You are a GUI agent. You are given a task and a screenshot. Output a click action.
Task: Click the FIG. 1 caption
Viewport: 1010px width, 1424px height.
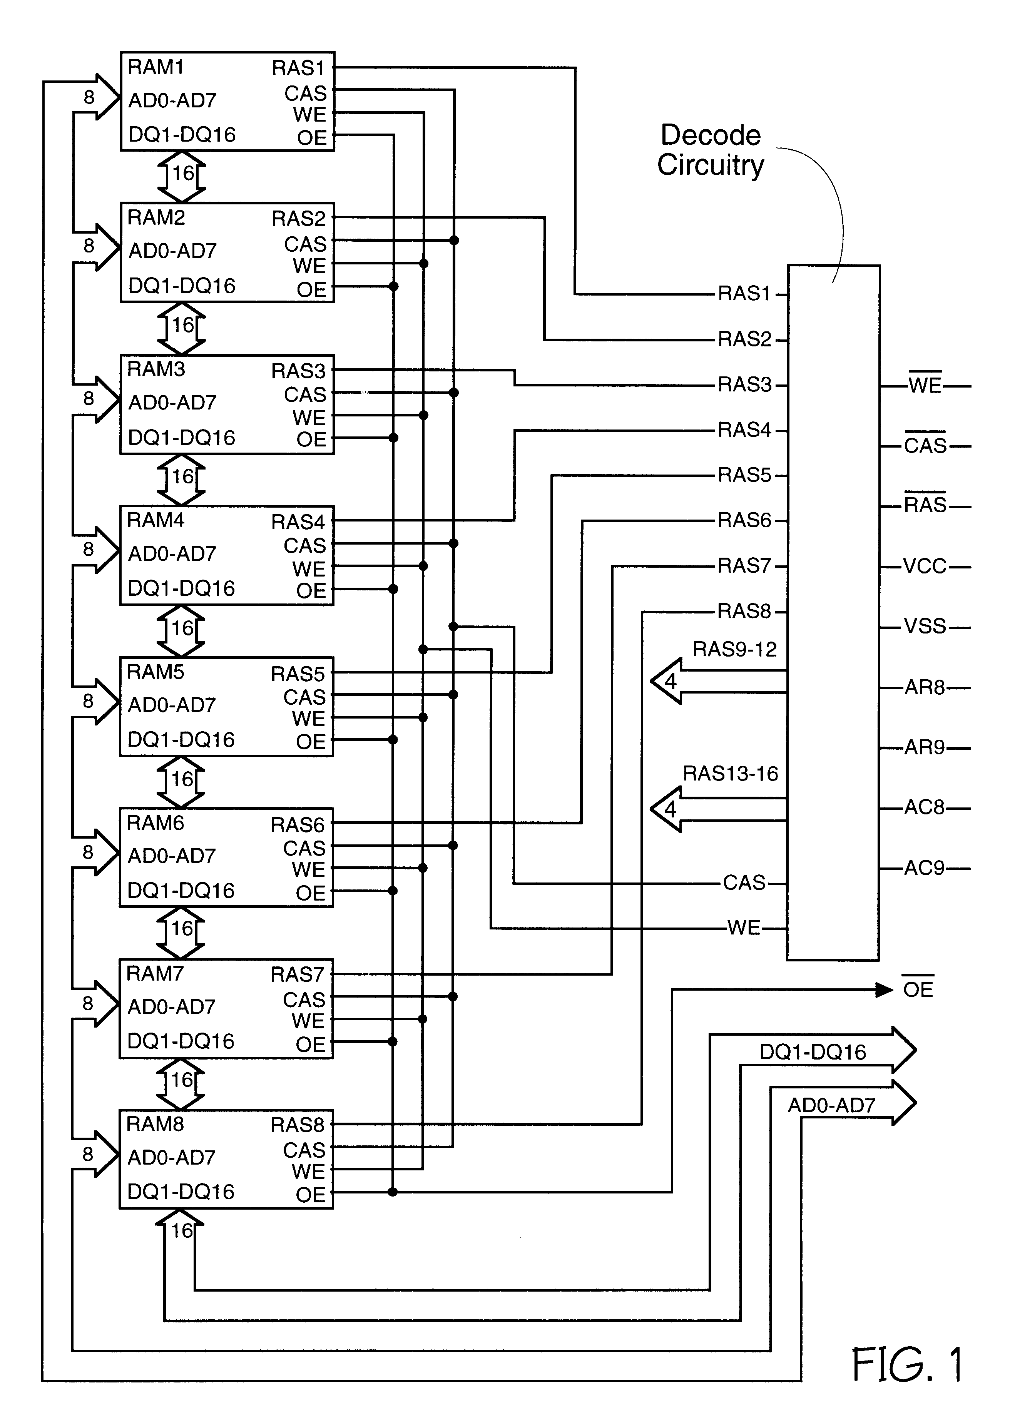907,1365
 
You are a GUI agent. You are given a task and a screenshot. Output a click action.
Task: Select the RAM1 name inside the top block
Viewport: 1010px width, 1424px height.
156,67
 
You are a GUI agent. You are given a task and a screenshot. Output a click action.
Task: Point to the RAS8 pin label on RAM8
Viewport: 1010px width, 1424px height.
298,1125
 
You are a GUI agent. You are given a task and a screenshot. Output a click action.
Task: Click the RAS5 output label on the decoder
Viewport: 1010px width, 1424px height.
744,475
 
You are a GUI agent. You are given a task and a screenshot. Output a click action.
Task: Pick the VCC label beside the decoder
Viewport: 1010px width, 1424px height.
925,567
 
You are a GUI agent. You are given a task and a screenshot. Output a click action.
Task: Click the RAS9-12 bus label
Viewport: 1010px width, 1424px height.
734,649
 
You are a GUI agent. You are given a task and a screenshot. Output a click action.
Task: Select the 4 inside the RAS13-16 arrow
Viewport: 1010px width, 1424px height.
670,809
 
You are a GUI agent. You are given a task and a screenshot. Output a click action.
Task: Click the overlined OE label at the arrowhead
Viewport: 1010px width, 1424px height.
918,989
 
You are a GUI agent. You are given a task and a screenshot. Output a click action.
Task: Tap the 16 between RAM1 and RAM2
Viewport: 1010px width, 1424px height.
183,174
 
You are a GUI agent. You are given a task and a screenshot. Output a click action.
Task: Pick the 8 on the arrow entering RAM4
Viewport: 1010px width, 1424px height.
88,549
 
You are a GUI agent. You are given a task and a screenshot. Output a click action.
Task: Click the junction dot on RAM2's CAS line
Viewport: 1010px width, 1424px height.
454,241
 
